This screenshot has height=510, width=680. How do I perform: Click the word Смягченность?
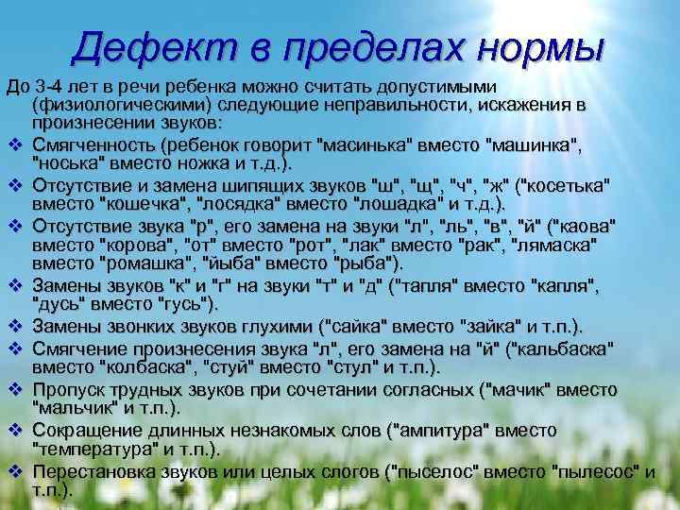click(93, 146)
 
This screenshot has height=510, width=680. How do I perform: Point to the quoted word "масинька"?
click(368, 146)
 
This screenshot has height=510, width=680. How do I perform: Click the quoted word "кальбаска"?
click(567, 347)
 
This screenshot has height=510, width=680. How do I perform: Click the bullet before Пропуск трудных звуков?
click(16, 389)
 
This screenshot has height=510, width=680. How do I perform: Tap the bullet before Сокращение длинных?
click(16, 431)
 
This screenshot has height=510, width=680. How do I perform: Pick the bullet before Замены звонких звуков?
click(16, 326)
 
